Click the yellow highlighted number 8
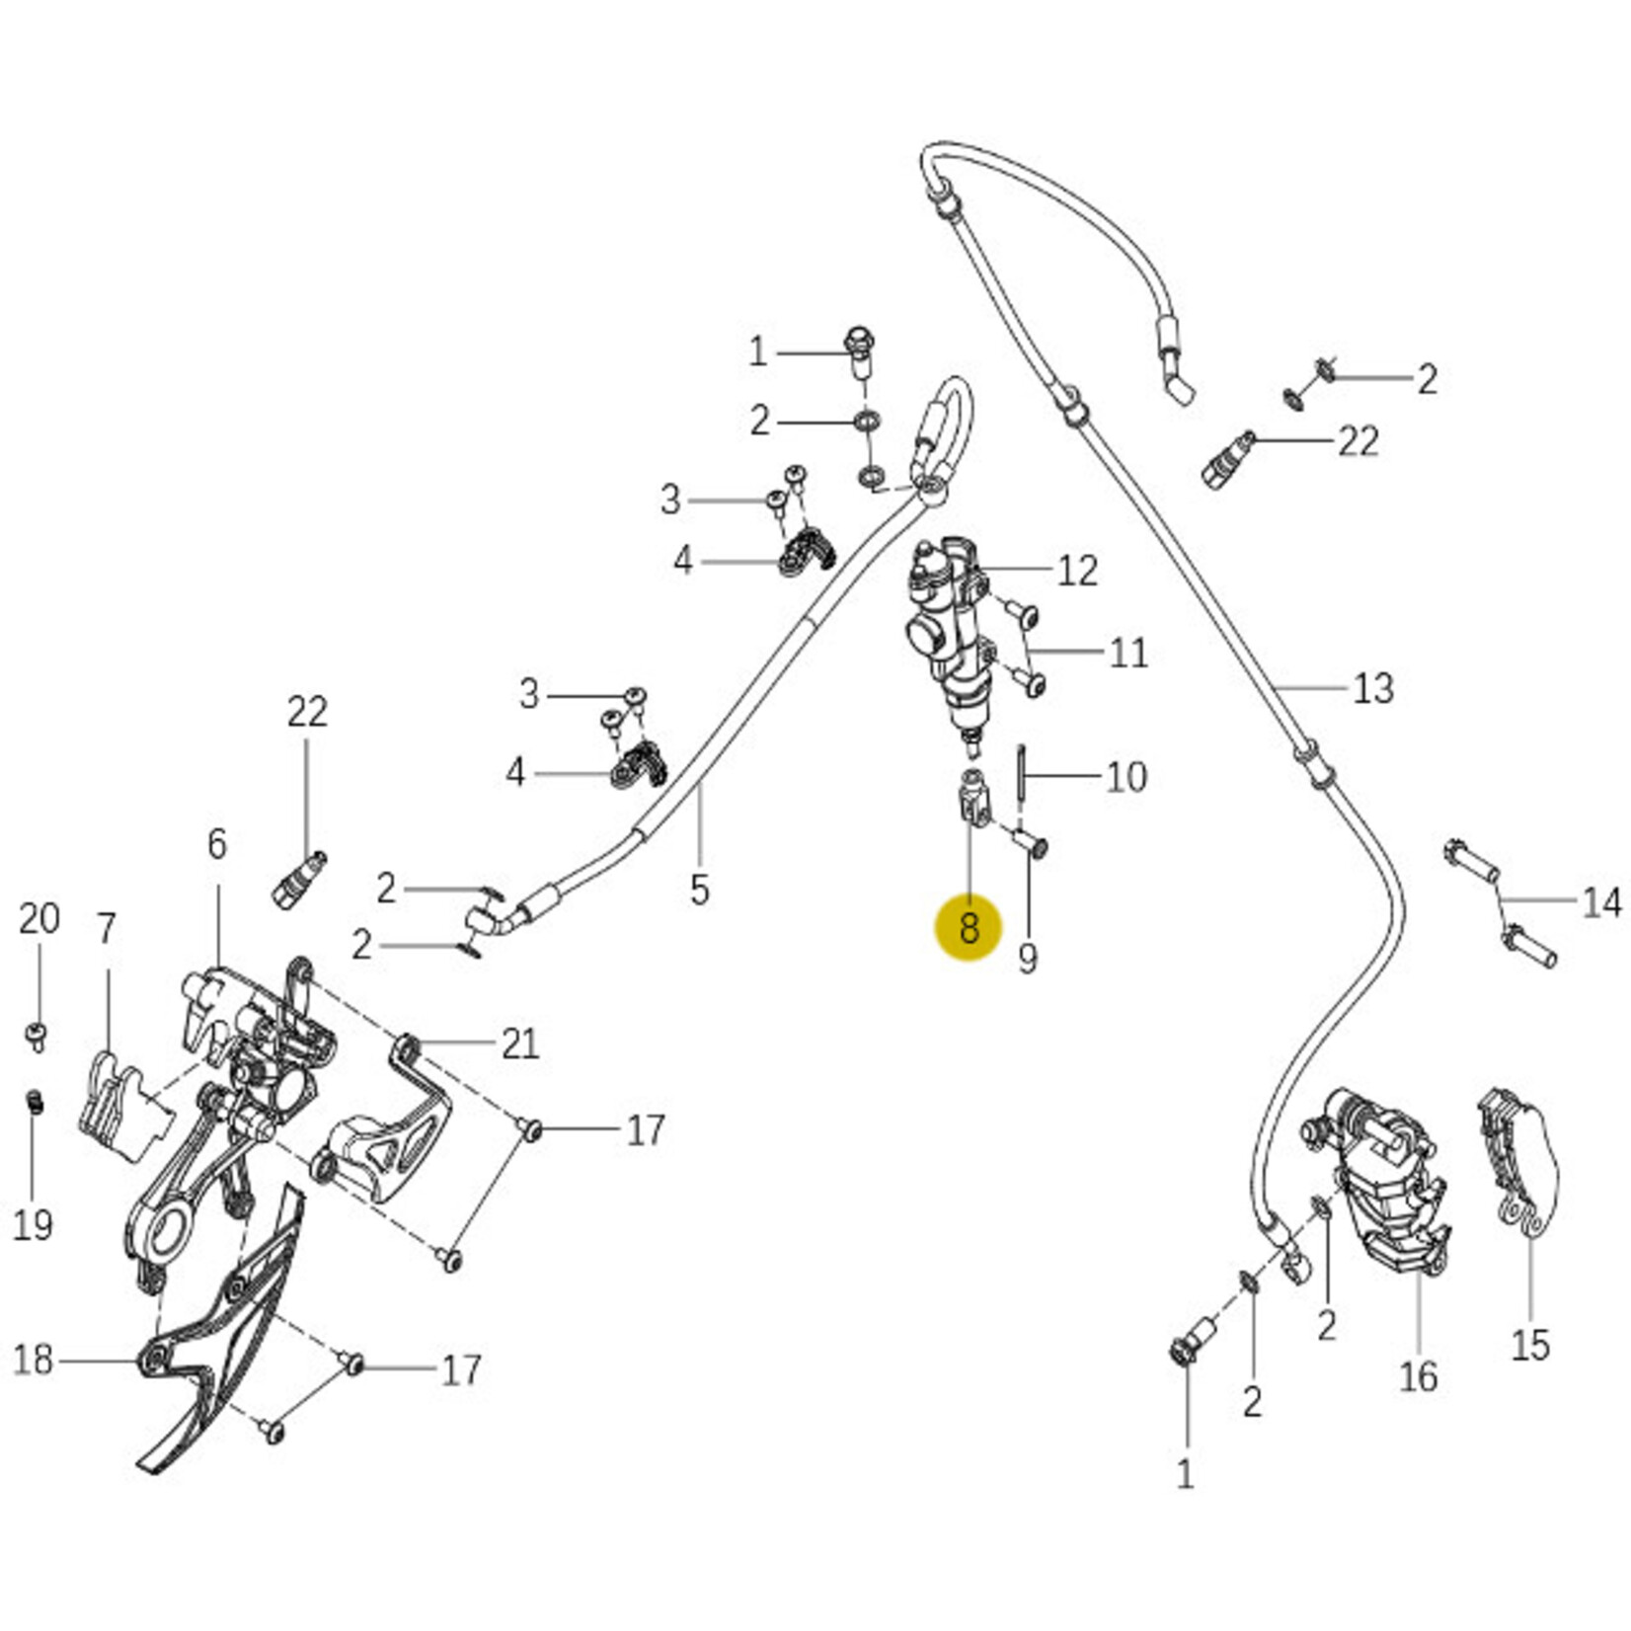click(x=969, y=928)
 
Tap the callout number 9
click(x=1028, y=957)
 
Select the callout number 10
click(x=1126, y=777)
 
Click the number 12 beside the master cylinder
click(x=1077, y=571)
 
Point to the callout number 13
click(x=1372, y=688)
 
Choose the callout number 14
click(x=1600, y=901)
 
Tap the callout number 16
click(x=1418, y=1375)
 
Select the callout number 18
click(x=33, y=1359)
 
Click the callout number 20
click(x=39, y=918)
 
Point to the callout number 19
click(x=33, y=1225)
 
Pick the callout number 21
click(x=520, y=1044)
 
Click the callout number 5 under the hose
click(x=699, y=890)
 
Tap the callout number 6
click(x=217, y=844)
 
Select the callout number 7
click(x=106, y=928)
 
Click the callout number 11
click(x=1128, y=653)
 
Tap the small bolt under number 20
click(x=36, y=1035)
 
